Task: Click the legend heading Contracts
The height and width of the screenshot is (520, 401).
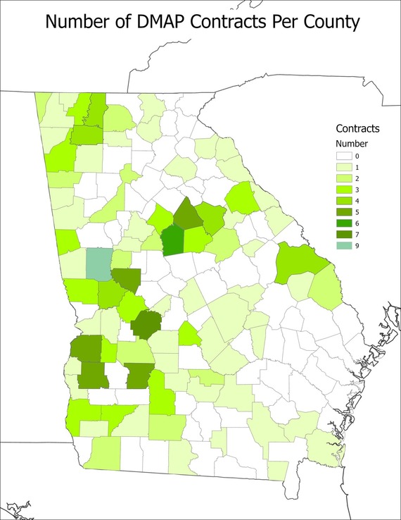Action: click(358, 129)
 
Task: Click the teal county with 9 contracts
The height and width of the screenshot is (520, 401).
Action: click(98, 264)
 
